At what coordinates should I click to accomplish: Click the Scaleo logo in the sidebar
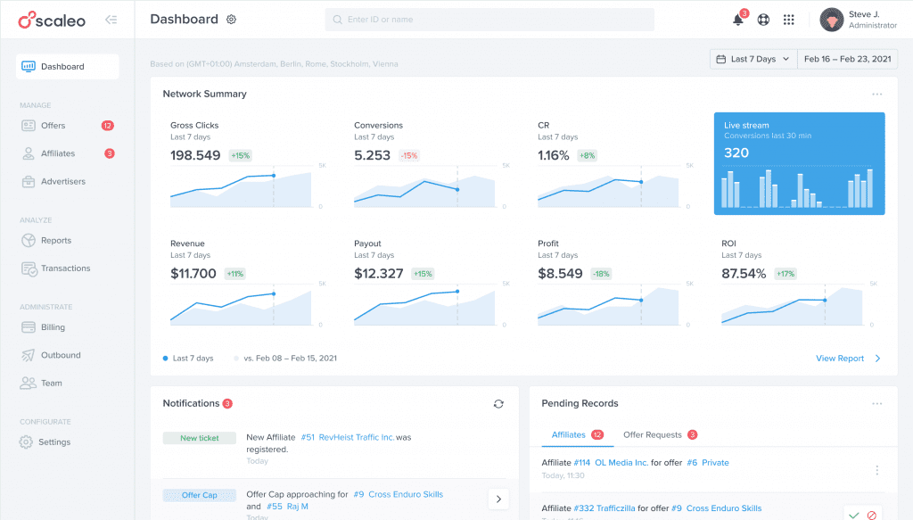[52, 20]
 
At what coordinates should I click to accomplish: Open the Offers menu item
[53, 126]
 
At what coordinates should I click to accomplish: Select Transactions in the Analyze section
[65, 268]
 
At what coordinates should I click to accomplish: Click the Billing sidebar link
[53, 327]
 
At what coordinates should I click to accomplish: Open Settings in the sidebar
[54, 442]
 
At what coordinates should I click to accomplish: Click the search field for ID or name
[489, 20]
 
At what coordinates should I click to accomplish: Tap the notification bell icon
[738, 20]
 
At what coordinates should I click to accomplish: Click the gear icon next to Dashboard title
[232, 20]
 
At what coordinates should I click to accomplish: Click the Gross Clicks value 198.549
[195, 155]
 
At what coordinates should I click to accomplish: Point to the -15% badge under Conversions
[409, 155]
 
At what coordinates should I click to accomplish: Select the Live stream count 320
[736, 153]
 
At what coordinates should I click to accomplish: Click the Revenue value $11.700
[193, 274]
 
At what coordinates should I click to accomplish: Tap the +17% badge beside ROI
[786, 274]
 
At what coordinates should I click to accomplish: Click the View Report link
[840, 359]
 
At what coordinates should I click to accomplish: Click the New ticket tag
[200, 438]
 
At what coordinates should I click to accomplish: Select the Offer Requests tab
[653, 435]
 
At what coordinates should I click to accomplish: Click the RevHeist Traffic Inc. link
[356, 438]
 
